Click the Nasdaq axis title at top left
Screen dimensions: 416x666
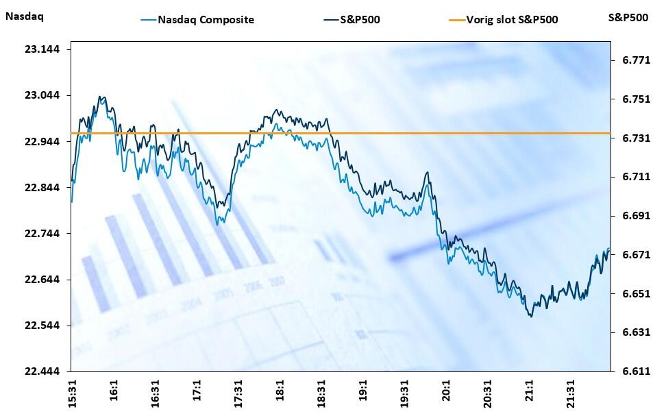(24, 17)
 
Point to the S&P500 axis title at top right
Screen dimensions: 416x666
(628, 17)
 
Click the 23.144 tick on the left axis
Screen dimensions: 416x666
(42, 49)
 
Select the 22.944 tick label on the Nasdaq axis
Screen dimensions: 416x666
(42, 141)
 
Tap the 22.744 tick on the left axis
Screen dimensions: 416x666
(42, 234)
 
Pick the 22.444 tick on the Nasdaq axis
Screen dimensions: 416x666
(42, 371)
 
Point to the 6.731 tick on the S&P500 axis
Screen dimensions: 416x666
(635, 138)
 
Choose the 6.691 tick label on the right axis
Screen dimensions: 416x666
(635, 216)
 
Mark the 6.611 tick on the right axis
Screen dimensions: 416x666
(635, 371)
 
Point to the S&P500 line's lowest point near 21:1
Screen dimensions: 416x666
(530, 316)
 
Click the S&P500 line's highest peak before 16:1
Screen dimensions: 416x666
(100, 97)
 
